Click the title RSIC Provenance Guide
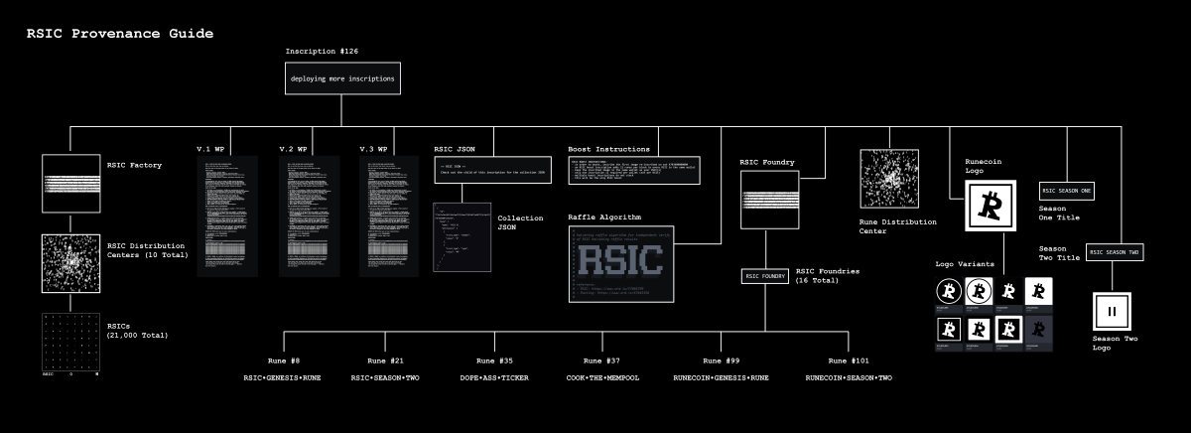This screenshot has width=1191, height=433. tap(119, 34)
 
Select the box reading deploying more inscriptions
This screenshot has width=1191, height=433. tap(342, 78)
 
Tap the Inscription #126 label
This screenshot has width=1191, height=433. tap(322, 50)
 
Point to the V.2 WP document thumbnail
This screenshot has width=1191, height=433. tap(310, 216)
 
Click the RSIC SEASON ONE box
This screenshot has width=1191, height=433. tap(1067, 191)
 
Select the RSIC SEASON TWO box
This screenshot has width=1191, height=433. tap(1117, 252)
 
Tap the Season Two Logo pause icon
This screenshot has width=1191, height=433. tap(1112, 311)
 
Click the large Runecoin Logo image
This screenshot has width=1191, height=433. tap(989, 206)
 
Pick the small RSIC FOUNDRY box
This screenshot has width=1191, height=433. tap(765, 275)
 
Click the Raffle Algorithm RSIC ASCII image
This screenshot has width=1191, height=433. tap(621, 263)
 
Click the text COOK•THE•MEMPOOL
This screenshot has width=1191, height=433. tap(599, 378)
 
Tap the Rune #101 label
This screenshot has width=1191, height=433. tap(849, 361)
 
